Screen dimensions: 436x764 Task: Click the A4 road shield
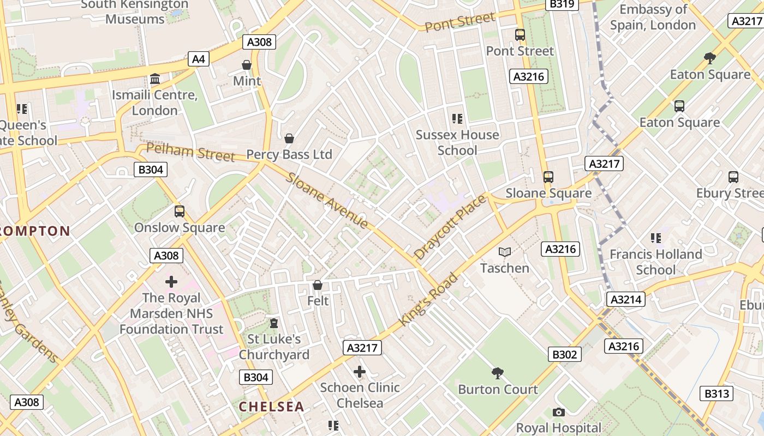click(199, 59)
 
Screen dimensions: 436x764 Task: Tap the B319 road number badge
click(562, 4)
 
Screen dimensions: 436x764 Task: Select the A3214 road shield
click(625, 299)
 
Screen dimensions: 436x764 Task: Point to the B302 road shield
click(564, 355)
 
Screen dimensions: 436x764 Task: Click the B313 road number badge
click(717, 393)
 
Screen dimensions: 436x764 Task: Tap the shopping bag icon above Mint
click(247, 65)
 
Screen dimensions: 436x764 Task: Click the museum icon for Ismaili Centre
click(155, 80)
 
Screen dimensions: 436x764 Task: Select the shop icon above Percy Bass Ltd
click(289, 138)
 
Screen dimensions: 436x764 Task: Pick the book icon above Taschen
click(505, 252)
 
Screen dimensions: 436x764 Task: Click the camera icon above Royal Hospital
click(558, 412)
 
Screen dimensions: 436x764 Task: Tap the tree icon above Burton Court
click(497, 373)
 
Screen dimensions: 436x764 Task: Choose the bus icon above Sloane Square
click(548, 177)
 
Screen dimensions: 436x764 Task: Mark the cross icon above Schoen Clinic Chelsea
click(360, 372)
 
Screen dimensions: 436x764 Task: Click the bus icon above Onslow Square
click(179, 211)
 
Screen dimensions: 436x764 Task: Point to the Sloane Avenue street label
click(327, 201)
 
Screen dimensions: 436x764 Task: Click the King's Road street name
click(428, 300)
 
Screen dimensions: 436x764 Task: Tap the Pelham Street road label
click(190, 152)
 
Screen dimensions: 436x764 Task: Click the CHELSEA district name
click(271, 407)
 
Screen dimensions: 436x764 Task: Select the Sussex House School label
click(457, 142)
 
